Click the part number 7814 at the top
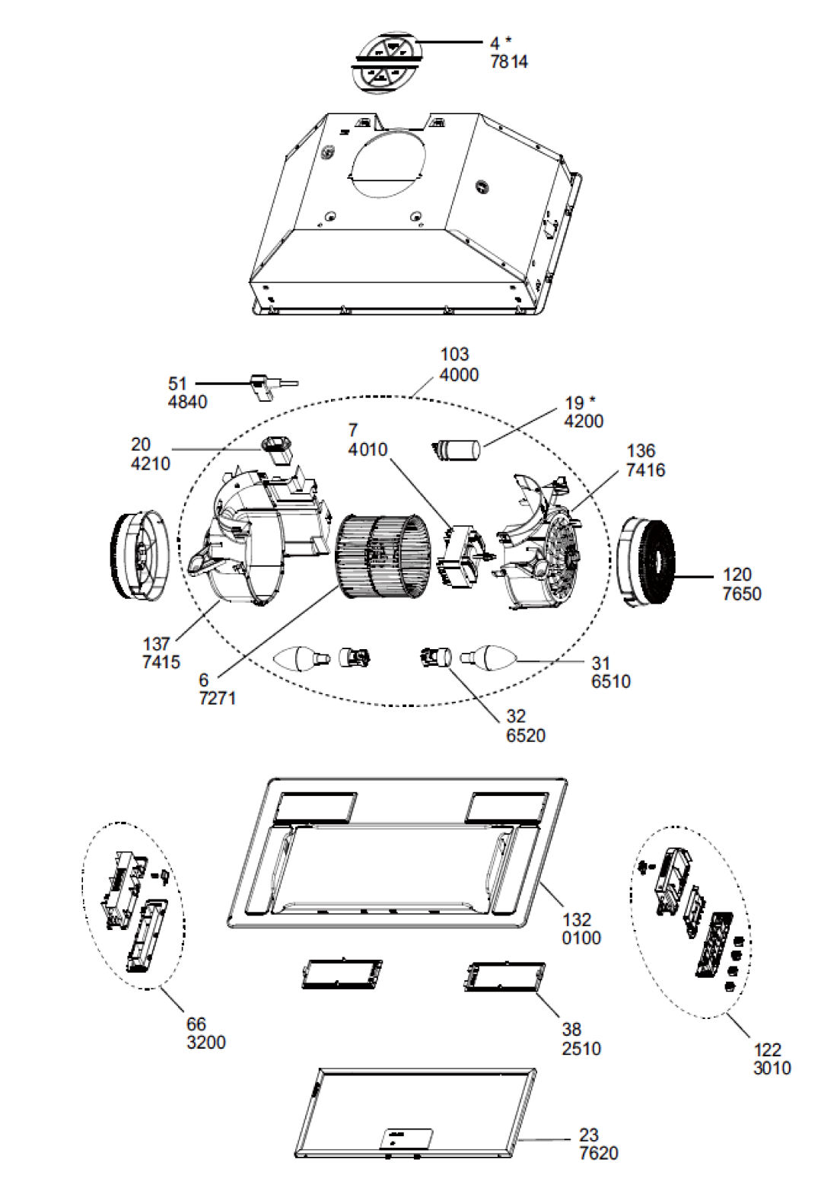coord(509,62)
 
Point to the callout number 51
coord(178,384)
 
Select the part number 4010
coord(368,449)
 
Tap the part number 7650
coord(742,594)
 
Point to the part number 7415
coord(161,662)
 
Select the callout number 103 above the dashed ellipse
coord(454,355)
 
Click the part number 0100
coord(581,938)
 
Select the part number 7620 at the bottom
coord(599,1153)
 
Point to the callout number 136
coord(641,451)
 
